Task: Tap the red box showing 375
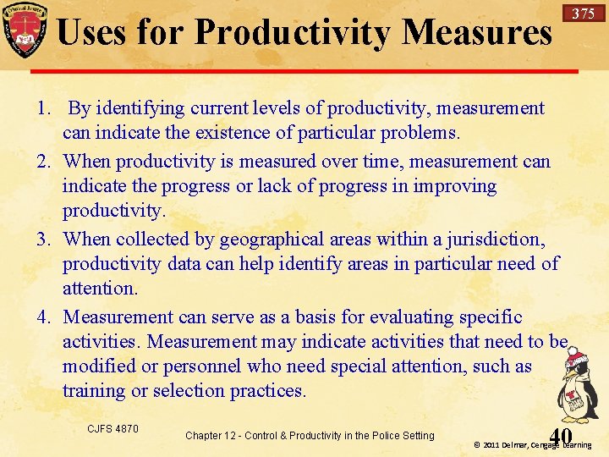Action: [x=583, y=14]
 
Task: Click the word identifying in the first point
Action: [x=140, y=109]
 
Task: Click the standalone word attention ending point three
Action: [x=98, y=289]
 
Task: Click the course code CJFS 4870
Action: [x=112, y=429]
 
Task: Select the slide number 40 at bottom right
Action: [x=560, y=435]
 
